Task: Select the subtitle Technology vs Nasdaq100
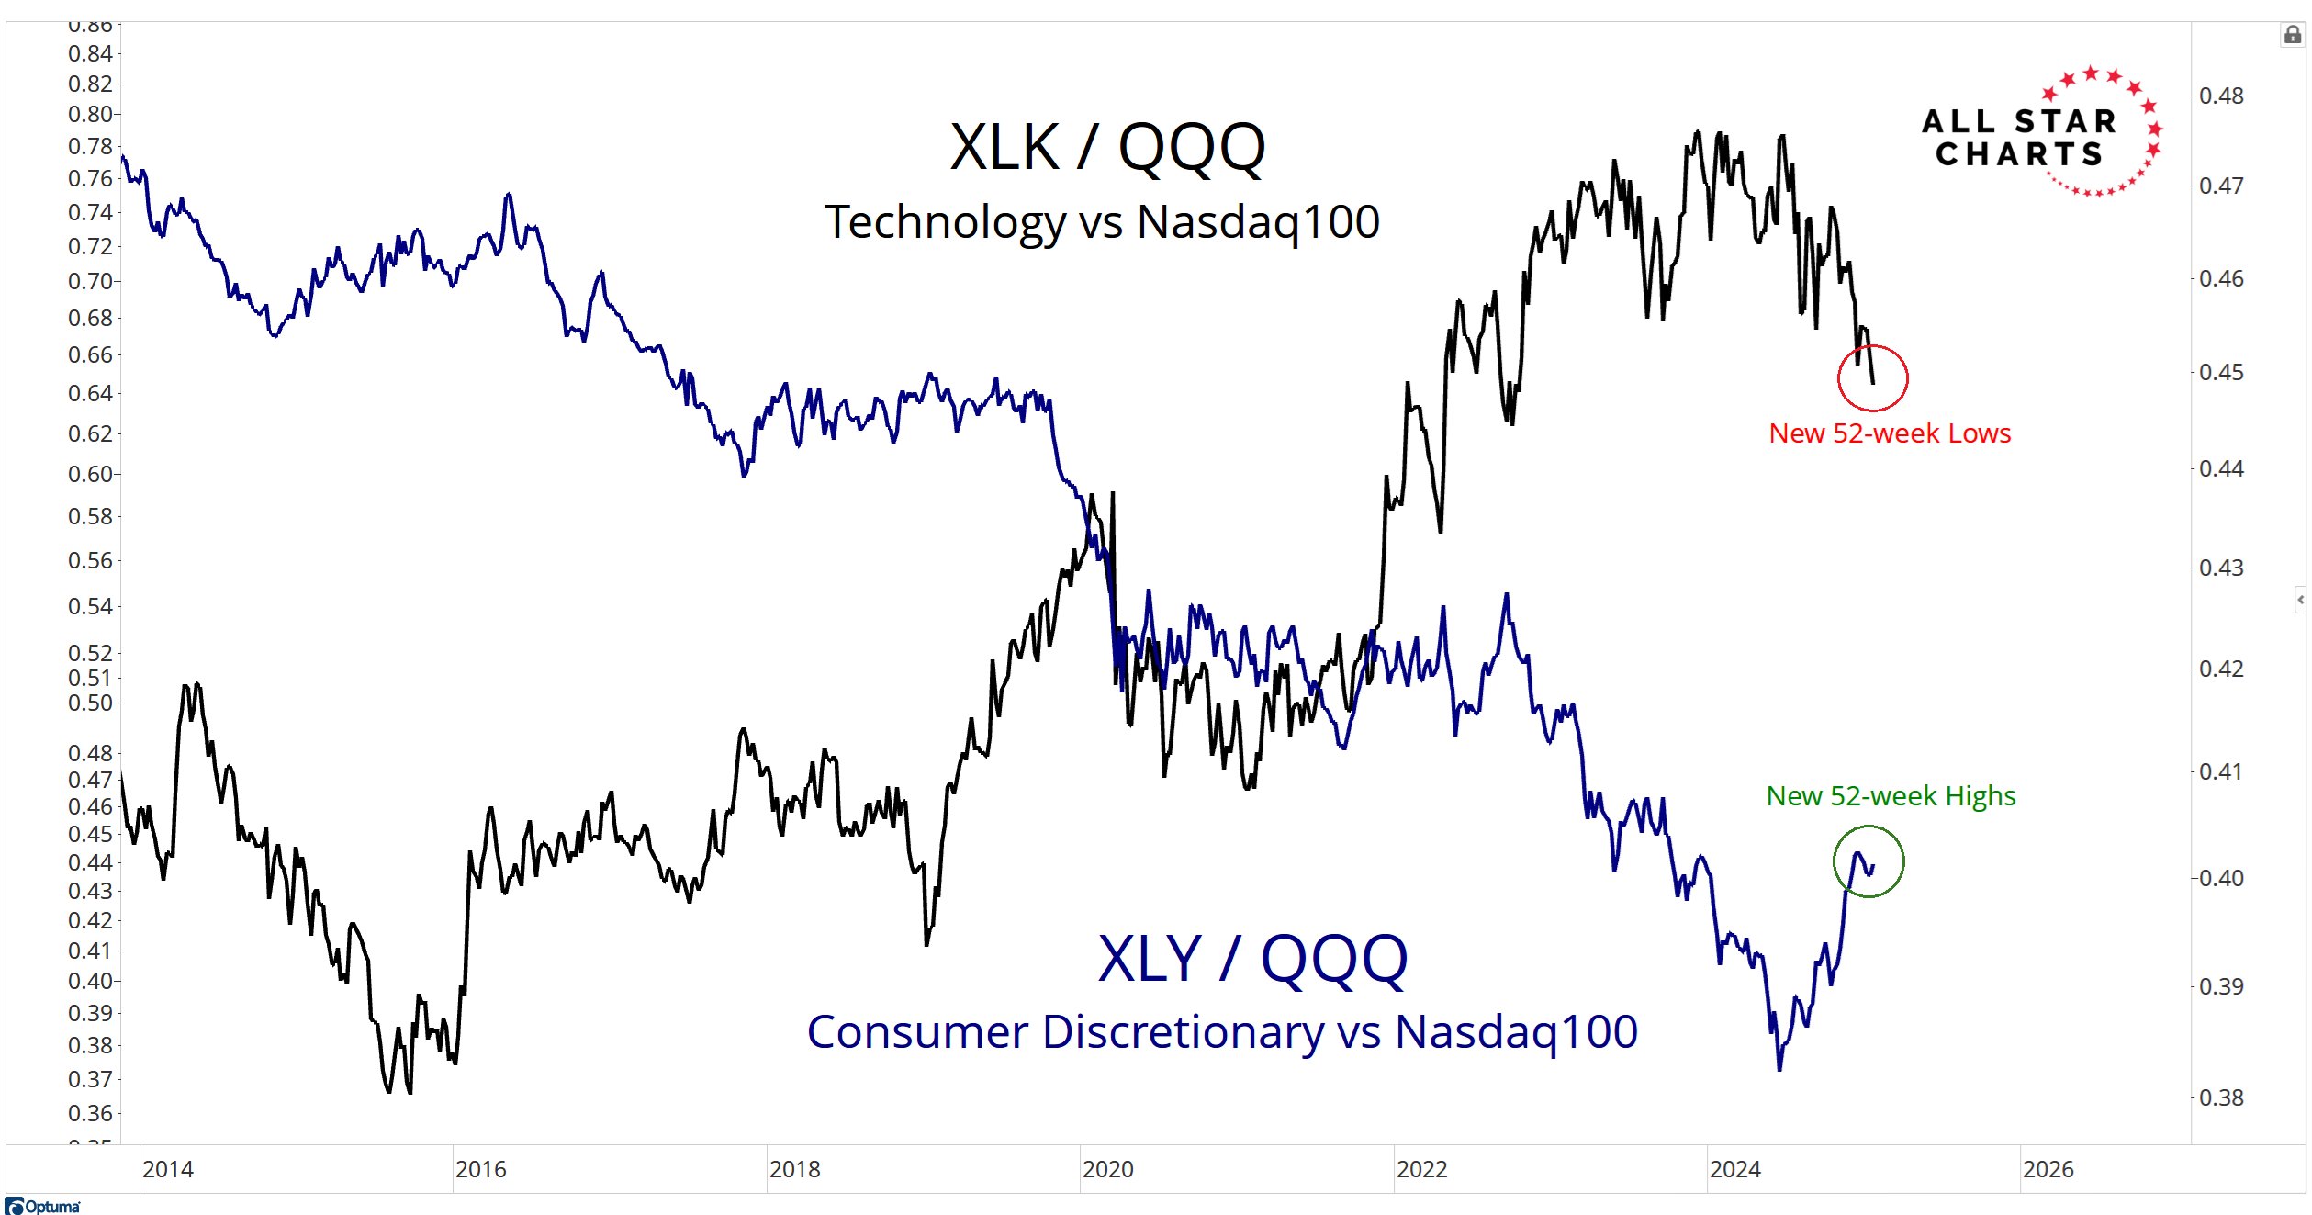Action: pyautogui.click(x=1102, y=222)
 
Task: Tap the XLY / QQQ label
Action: pyautogui.click(x=1252, y=960)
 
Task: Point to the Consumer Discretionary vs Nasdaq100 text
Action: pyautogui.click(x=1222, y=1032)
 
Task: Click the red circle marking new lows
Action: pyautogui.click(x=1873, y=377)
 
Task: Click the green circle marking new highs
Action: pyautogui.click(x=1869, y=861)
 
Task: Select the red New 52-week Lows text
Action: pyautogui.click(x=1890, y=433)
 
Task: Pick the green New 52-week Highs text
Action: pyautogui.click(x=1891, y=796)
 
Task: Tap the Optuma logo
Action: pyautogui.click(x=43, y=1206)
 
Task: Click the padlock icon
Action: pyautogui.click(x=2293, y=35)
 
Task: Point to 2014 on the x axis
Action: pyautogui.click(x=168, y=1169)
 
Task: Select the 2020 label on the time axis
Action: pyautogui.click(x=1108, y=1169)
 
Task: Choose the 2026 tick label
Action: pyautogui.click(x=2048, y=1169)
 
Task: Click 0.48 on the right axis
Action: pyautogui.click(x=2221, y=96)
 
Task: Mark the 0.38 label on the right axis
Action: pyautogui.click(x=2221, y=1097)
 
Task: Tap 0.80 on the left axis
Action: pyautogui.click(x=90, y=115)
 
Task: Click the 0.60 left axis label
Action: pyautogui.click(x=90, y=474)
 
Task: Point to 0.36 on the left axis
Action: pyautogui.click(x=90, y=1113)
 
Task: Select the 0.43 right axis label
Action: pyautogui.click(x=2221, y=568)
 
